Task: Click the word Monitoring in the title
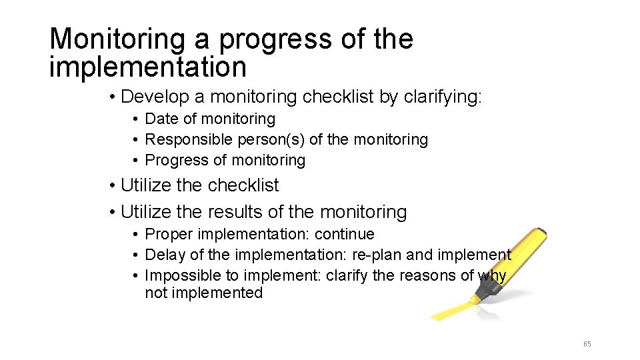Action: click(117, 39)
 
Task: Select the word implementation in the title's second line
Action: click(148, 67)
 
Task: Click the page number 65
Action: click(587, 344)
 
